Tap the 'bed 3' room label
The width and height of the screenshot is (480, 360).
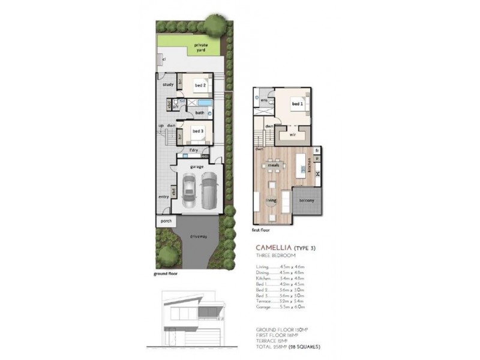199,130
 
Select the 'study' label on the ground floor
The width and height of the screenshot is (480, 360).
168,85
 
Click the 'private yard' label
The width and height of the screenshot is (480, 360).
200,47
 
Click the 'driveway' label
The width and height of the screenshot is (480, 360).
199,237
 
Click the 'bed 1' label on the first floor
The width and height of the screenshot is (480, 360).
297,104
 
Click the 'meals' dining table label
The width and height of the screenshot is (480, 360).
274,164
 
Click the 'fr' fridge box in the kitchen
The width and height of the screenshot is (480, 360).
317,150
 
